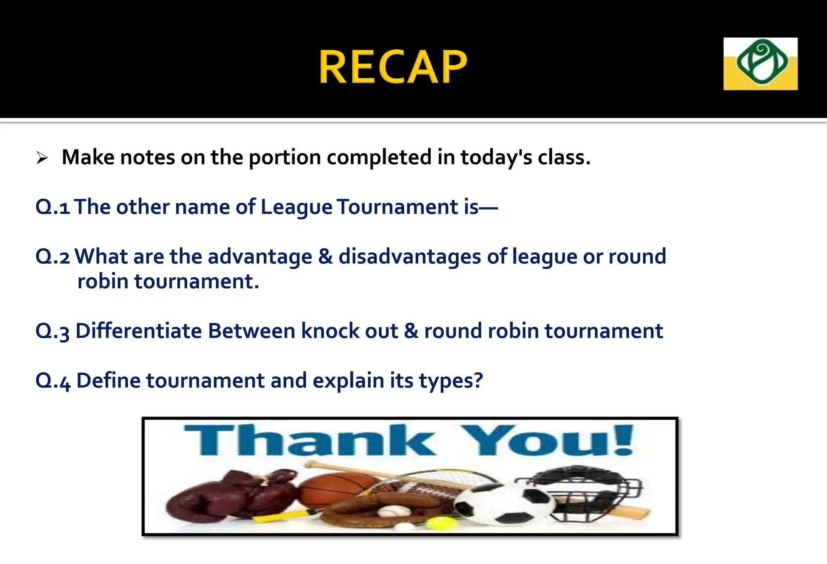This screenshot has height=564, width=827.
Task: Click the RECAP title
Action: pos(393,67)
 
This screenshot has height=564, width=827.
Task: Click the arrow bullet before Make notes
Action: pos(42,158)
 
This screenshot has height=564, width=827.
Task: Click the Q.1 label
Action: pos(52,207)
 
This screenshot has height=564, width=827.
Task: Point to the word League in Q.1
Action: pos(296,207)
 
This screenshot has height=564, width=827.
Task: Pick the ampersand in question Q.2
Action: pos(325,257)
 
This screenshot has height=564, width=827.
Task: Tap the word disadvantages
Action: pos(409,257)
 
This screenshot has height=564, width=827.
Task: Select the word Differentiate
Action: pos(139,331)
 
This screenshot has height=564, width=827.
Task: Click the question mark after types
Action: pos(478,380)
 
